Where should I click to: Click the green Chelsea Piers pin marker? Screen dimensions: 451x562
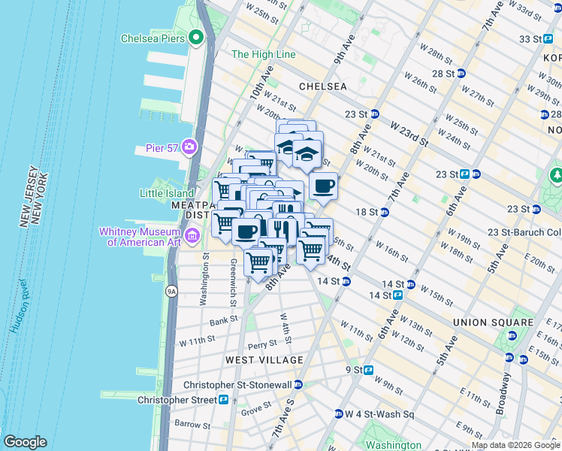click(197, 37)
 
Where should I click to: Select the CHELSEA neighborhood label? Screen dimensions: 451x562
click(323, 86)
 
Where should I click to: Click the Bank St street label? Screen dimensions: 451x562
click(223, 320)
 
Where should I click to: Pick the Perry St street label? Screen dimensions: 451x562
click(263, 344)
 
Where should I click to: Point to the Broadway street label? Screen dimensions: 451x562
click(501, 394)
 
